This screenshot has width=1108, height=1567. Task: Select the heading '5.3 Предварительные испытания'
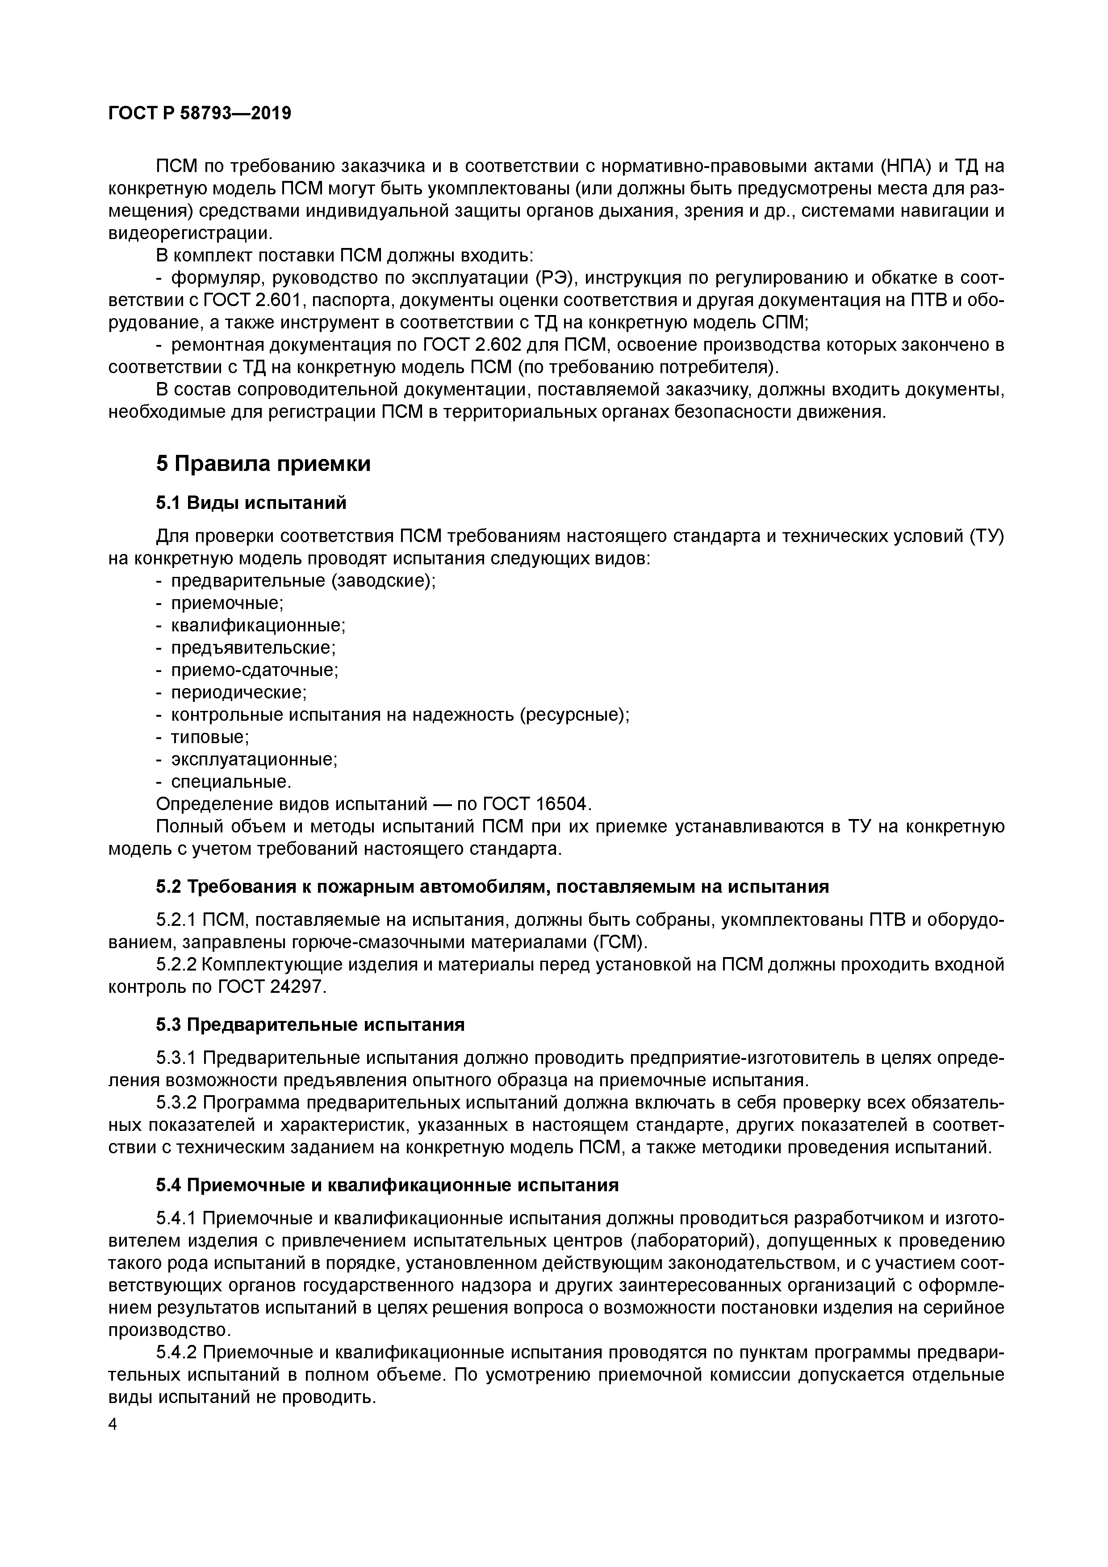[x=310, y=1025]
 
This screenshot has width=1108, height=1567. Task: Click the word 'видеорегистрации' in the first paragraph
[x=189, y=233]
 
